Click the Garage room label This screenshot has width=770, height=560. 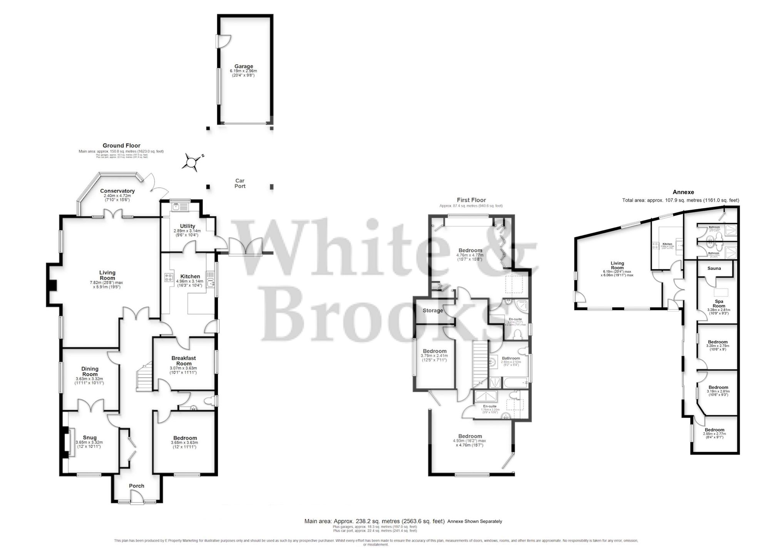(244, 66)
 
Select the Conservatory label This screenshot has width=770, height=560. (117, 191)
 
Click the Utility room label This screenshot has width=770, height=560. (187, 226)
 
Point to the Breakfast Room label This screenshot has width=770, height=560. (184, 361)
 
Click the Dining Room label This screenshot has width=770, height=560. (90, 371)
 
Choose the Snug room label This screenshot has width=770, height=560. (90, 438)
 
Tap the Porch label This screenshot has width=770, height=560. (137, 486)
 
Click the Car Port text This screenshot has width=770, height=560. (240, 183)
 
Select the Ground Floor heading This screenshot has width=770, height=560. (121, 145)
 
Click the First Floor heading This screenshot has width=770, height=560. (471, 200)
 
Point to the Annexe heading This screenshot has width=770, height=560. (683, 192)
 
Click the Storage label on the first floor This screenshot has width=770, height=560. (433, 311)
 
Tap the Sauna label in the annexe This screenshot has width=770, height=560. (714, 268)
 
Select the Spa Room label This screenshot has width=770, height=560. (719, 304)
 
